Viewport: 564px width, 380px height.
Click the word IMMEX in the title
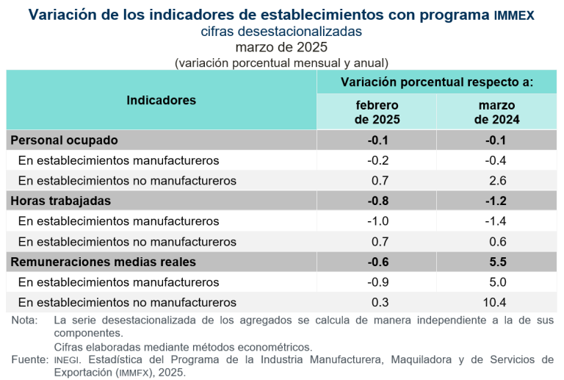tap(514, 15)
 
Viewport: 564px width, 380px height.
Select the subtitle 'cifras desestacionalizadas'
tap(281, 32)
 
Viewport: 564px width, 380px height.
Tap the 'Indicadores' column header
tap(162, 101)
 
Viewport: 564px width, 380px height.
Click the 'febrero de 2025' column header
tap(377, 112)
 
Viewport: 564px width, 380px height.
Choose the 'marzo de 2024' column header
tap(497, 112)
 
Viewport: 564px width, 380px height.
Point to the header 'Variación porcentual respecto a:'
tap(436, 82)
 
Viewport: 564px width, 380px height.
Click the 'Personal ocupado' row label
tap(64, 140)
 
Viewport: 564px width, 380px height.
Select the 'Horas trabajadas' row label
tap(60, 201)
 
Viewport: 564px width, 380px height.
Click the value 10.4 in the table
tap(497, 302)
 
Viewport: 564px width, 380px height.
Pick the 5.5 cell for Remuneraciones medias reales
tap(497, 262)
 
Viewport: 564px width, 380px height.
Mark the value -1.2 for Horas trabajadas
tap(497, 201)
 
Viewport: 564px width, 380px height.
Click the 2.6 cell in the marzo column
tap(497, 180)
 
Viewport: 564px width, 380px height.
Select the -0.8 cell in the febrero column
tap(377, 201)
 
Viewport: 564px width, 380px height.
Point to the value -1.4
tap(497, 221)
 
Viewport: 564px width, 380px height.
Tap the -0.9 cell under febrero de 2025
tap(377, 282)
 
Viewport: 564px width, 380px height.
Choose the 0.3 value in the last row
tap(377, 302)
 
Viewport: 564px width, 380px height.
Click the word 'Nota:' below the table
tap(24, 320)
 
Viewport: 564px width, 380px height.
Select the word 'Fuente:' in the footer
tap(29, 359)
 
